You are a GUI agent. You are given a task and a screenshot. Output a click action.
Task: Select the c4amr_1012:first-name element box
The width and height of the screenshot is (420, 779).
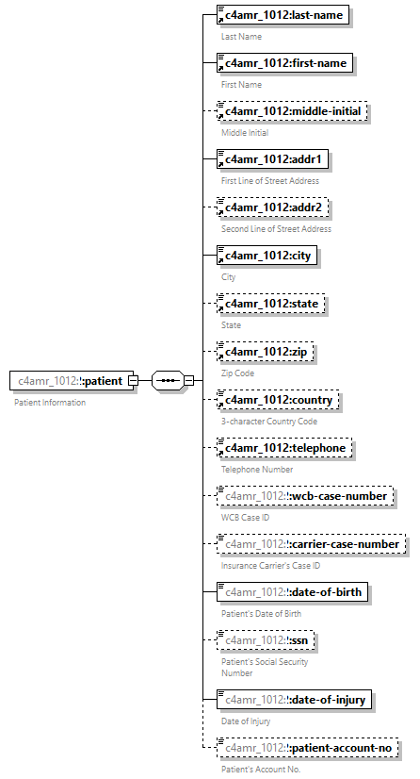coord(284,64)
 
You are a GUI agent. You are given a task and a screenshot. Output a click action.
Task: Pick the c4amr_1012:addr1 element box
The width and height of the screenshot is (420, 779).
coord(274,159)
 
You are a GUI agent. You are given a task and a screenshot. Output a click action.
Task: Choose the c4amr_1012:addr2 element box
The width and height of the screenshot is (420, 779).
coord(274,207)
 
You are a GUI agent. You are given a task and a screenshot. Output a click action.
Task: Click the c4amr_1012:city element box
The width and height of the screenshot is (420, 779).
coord(267,256)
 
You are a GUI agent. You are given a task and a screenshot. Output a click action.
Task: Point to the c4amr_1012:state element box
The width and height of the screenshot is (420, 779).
coord(271,304)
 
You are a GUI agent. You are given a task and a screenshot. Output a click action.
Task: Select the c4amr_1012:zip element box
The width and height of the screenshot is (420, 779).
coord(266,352)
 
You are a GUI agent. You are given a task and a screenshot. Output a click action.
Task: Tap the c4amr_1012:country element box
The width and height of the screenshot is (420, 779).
coord(279,400)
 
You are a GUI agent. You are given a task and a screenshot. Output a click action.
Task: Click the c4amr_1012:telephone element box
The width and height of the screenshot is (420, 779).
coord(285,448)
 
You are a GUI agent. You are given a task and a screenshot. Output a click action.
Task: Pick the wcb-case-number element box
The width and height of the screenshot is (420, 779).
coord(303,496)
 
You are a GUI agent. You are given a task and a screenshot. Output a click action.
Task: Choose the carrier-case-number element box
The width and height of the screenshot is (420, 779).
coord(312,544)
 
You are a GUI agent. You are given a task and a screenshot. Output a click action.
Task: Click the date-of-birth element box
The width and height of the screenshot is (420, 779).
coord(294,592)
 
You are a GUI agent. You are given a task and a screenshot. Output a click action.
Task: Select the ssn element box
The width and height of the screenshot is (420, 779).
coord(266,640)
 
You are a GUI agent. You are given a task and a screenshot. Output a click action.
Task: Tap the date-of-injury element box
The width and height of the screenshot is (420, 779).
coord(295,699)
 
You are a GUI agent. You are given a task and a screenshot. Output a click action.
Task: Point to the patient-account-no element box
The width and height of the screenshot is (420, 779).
coord(307,748)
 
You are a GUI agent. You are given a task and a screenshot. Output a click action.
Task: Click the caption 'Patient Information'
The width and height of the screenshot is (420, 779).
coord(50,403)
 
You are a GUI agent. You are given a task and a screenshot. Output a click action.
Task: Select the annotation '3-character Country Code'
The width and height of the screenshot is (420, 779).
coord(269,421)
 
